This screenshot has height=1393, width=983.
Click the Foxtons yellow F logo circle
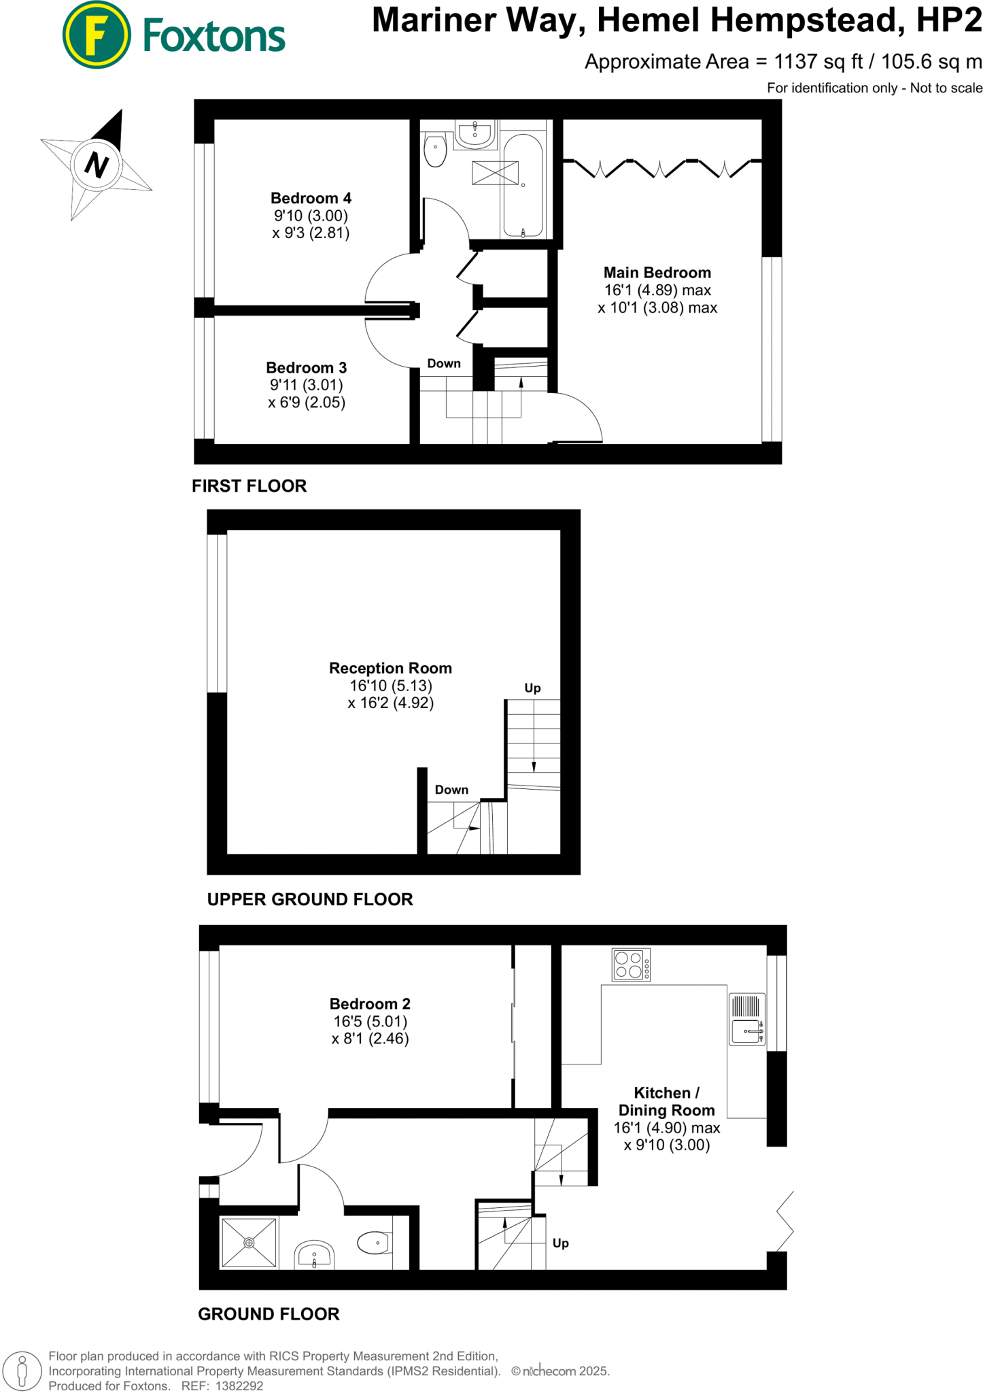[x=97, y=35]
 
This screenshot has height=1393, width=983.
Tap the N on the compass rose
[x=97, y=165]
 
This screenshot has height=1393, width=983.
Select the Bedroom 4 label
[x=311, y=199]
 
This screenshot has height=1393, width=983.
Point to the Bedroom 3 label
[x=306, y=368]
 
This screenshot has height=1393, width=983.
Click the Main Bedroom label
[x=657, y=273]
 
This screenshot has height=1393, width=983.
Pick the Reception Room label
[x=390, y=669]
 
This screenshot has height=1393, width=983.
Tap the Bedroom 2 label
[x=370, y=1004]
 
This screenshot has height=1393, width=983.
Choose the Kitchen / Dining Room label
[x=666, y=1101]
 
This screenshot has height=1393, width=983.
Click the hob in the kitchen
[x=632, y=964]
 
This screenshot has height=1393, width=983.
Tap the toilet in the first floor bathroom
[x=435, y=150]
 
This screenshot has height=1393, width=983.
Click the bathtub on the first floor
[x=522, y=185]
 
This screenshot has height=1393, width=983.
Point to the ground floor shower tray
[x=249, y=1243]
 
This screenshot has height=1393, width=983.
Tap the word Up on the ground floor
[x=561, y=1243]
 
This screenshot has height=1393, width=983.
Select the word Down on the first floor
[x=444, y=364]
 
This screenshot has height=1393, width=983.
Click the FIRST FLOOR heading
[x=249, y=486]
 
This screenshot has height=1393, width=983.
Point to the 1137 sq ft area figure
[x=818, y=62]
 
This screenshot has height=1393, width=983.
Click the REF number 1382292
[x=239, y=1386]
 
